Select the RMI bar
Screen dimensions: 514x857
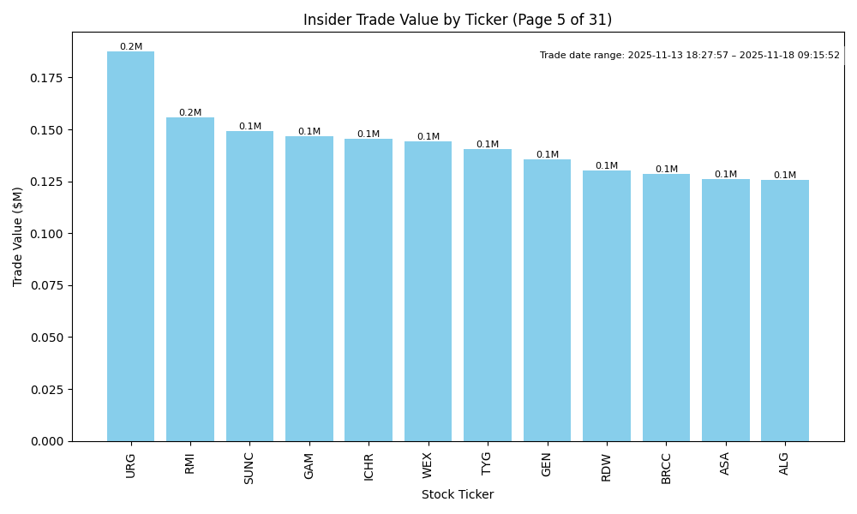point(190,279)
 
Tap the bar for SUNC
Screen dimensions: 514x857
point(249,286)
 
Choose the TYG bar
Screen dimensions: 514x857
point(488,295)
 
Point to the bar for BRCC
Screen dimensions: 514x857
point(666,308)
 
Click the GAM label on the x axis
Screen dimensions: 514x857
point(309,465)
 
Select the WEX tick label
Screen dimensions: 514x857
point(428,465)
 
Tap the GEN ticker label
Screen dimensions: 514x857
point(547,464)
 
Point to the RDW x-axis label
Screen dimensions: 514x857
point(607,466)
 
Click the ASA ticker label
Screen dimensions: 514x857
point(725,463)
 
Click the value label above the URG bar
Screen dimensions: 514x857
point(131,47)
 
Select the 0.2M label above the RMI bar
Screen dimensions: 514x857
point(190,113)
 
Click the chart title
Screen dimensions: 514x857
point(458,20)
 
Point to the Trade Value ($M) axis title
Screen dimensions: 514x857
point(18,236)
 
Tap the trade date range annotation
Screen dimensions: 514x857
point(690,56)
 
